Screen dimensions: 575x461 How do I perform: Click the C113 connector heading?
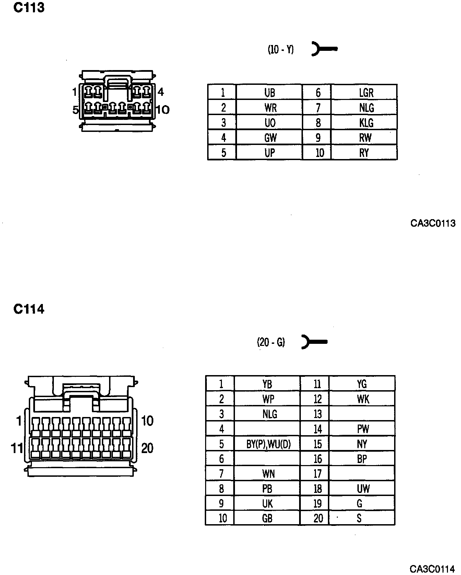click(x=29, y=8)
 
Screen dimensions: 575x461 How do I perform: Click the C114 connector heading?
click(x=29, y=309)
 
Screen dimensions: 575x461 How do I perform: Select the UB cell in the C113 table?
click(x=269, y=93)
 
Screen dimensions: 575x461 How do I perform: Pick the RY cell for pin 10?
click(x=364, y=153)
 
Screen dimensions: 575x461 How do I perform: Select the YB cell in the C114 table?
click(x=267, y=384)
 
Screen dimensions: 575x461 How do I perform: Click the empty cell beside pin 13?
click(x=362, y=414)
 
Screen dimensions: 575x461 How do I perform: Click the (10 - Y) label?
click(x=281, y=50)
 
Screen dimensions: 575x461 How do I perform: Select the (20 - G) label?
click(x=271, y=342)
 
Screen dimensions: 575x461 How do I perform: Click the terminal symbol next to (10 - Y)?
click(x=324, y=49)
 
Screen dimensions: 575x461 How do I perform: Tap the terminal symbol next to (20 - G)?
click(x=314, y=342)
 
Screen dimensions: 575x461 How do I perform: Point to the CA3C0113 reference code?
click(x=433, y=223)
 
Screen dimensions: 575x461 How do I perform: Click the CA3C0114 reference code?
click(x=433, y=569)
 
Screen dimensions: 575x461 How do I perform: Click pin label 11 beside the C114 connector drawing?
click(x=17, y=448)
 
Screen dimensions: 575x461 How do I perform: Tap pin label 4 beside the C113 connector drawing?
click(x=161, y=92)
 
